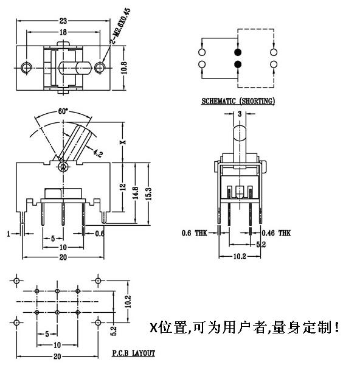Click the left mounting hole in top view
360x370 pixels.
[x=26, y=66]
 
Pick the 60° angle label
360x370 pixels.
[x=63, y=111]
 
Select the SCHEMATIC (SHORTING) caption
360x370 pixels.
[x=238, y=100]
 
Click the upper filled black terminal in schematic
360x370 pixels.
[x=237, y=52]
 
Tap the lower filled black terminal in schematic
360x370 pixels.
[x=237, y=65]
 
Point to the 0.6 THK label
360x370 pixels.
[x=193, y=232]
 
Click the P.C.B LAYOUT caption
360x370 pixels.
[x=133, y=353]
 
